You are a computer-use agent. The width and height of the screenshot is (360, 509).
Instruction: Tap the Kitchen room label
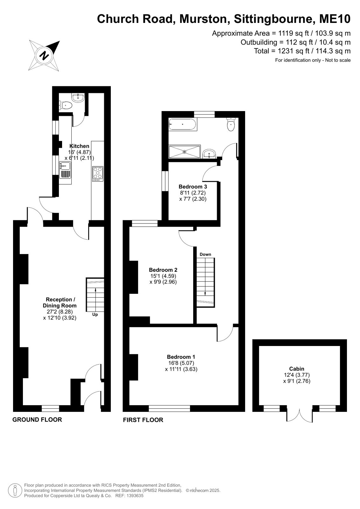tap(79, 146)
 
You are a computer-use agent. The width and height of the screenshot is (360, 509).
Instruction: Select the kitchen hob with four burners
tap(98, 174)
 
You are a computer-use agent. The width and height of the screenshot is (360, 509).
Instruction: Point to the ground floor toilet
tap(66, 105)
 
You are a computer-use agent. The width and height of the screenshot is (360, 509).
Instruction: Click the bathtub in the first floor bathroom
tap(183, 124)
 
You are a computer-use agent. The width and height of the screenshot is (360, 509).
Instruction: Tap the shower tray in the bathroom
tap(185, 152)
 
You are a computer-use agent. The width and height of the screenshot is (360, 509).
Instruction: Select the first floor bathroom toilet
tap(231, 124)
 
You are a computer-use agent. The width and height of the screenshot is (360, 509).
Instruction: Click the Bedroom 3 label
tap(193, 187)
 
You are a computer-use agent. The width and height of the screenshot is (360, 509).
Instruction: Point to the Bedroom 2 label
tap(163, 270)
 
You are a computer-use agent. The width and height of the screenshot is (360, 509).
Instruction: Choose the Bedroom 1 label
tap(181, 357)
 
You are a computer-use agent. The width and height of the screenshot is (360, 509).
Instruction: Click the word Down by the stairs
tap(205, 254)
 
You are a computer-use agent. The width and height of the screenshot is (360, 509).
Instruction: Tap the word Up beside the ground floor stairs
tap(95, 315)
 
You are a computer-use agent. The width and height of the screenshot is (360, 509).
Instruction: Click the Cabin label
tap(297, 369)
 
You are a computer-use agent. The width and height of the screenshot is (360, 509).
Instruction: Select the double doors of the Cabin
tap(300, 415)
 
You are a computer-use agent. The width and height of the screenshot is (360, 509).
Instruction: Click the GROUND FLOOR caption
tap(37, 420)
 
